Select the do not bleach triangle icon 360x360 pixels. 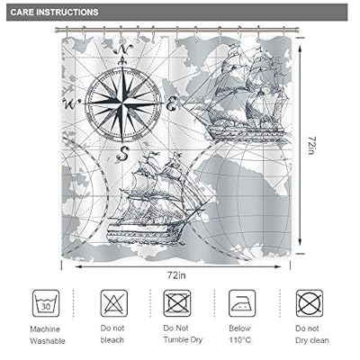(x=111, y=300)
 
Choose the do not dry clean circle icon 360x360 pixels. (x=309, y=300)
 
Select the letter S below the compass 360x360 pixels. (x=125, y=148)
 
